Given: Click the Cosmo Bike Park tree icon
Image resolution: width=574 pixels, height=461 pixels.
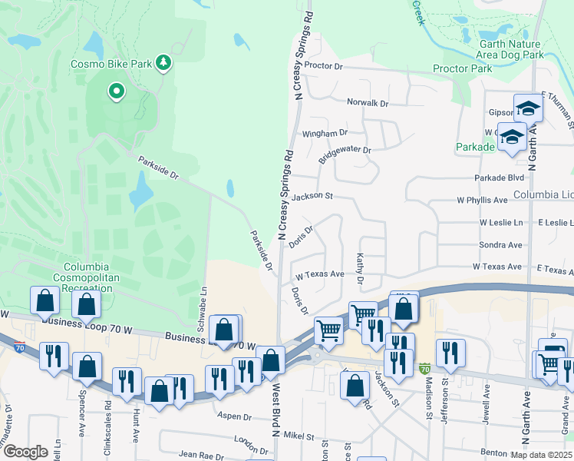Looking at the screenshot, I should point(163,62).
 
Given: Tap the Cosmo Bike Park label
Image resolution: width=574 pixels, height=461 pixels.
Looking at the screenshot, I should point(111,65).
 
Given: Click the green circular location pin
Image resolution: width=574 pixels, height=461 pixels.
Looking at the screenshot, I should point(117,92).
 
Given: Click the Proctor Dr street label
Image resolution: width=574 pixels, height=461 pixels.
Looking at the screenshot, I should point(323,66).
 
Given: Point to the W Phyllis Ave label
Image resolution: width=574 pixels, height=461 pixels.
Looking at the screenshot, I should point(483,200).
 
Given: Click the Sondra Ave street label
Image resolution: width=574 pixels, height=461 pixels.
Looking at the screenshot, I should point(500,245).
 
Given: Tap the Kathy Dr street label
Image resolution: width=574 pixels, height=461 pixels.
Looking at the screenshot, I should point(359,269).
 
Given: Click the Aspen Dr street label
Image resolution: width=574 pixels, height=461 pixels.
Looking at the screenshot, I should point(235,416).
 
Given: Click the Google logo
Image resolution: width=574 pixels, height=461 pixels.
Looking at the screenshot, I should point(26,452).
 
